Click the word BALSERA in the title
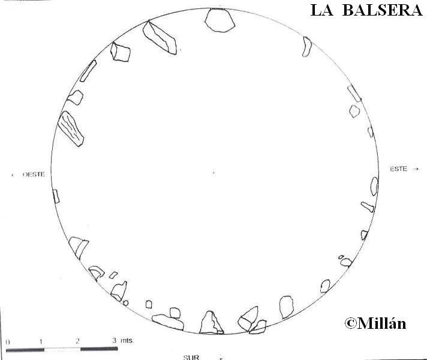click(382, 11)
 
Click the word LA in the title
click(321, 11)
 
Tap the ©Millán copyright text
click(375, 324)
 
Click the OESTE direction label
click(34, 175)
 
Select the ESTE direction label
click(398, 169)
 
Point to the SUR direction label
click(191, 357)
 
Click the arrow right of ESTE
click(416, 169)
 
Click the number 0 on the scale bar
click(8, 342)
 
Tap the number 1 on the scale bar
click(41, 341)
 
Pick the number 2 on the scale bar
click(77, 341)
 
